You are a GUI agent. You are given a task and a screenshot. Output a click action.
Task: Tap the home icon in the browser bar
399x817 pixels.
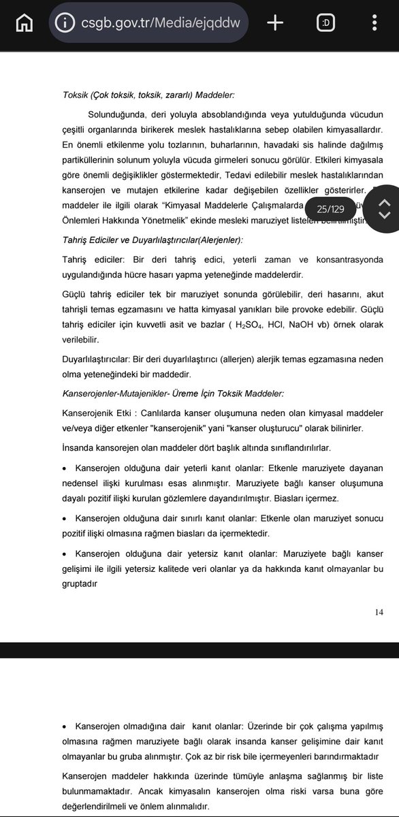[24, 23]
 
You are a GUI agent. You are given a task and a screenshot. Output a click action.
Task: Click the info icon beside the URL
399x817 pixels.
[65, 23]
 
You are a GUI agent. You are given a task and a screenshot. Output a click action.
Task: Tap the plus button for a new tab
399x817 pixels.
[275, 23]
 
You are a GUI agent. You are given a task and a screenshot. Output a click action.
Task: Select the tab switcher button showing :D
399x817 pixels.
[325, 23]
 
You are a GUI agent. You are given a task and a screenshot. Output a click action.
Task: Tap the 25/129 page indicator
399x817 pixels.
[330, 209]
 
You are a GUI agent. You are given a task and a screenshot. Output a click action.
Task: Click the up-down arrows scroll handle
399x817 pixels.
[383, 209]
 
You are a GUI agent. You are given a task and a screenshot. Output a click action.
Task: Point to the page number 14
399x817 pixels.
[379, 612]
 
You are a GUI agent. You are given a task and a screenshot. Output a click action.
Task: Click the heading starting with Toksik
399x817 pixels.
[148, 95]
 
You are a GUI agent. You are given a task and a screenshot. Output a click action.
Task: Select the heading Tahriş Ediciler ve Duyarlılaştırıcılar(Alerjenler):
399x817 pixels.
[153, 240]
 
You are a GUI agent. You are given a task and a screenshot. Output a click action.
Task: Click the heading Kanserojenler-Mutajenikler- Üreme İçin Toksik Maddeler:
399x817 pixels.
[173, 394]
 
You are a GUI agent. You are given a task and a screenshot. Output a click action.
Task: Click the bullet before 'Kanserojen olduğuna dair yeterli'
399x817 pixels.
[65, 469]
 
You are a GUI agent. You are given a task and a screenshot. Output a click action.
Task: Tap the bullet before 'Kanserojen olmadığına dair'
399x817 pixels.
[65, 727]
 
